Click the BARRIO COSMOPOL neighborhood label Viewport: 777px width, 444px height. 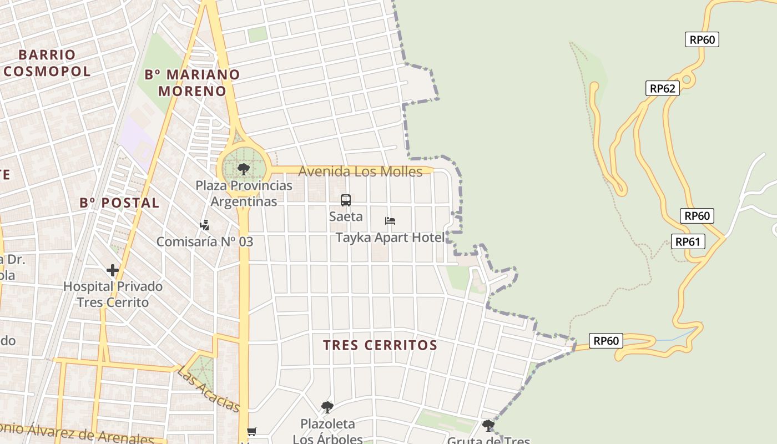[x=47, y=63]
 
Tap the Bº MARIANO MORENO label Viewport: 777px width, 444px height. [x=192, y=83]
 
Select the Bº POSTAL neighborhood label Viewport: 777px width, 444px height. [x=119, y=203]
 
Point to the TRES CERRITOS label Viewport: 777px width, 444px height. [x=380, y=345]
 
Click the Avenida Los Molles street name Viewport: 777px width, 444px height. [x=360, y=171]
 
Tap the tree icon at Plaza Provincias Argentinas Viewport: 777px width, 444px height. [x=243, y=169]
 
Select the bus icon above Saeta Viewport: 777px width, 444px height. [x=346, y=200]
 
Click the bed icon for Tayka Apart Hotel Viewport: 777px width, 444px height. [x=390, y=221]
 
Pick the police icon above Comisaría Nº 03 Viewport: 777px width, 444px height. [x=205, y=225]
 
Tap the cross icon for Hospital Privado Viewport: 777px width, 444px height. [x=113, y=270]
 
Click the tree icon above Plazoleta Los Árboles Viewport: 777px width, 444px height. [x=327, y=407]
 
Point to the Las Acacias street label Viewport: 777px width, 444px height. [x=208, y=389]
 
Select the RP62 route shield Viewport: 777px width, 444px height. [x=662, y=88]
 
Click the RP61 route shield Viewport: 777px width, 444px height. [x=688, y=241]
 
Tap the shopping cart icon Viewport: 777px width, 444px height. [x=252, y=431]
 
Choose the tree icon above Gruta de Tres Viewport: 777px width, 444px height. [x=488, y=426]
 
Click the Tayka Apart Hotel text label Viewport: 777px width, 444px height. [x=390, y=238]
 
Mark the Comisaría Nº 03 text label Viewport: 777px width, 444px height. [x=204, y=241]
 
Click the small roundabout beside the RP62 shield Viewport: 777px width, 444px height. [x=687, y=79]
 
